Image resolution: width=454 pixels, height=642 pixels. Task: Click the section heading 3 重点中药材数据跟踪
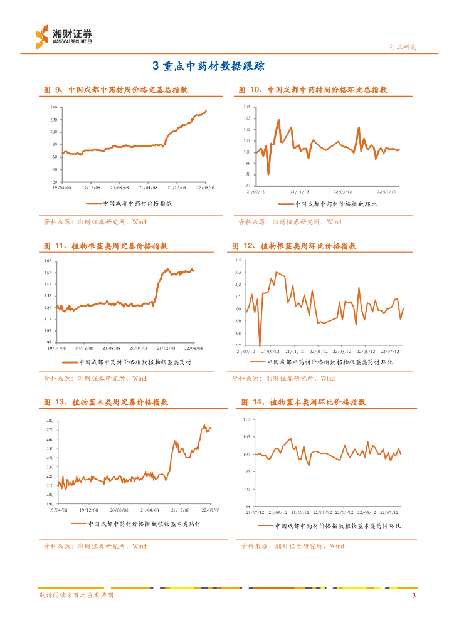click(x=209, y=66)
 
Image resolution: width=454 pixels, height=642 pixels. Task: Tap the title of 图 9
click(x=115, y=90)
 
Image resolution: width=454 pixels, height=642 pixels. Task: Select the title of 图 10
click(x=312, y=90)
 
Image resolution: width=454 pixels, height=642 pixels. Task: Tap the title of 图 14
click(x=303, y=403)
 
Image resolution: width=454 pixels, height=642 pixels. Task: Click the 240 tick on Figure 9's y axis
click(x=54, y=108)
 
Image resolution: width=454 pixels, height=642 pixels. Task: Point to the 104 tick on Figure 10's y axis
click(x=247, y=108)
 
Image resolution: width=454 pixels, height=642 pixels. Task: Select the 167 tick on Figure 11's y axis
click(x=48, y=260)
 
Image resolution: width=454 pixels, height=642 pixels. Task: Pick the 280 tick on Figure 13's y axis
click(x=49, y=420)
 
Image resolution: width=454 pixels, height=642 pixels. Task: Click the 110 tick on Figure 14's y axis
click(x=246, y=419)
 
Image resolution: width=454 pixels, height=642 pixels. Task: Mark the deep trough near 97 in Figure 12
click(x=260, y=345)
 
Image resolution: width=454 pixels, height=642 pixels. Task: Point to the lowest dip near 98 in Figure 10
click(x=268, y=174)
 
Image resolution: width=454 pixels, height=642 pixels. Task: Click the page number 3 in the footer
click(x=414, y=596)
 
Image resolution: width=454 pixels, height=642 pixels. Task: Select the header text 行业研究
click(x=403, y=46)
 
